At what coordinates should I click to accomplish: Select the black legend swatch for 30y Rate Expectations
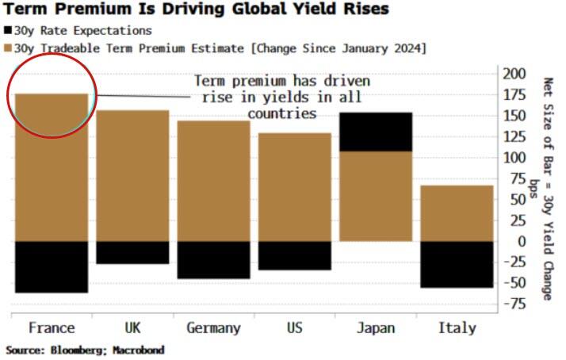(8, 31)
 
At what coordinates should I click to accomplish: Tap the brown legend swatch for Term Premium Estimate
(8, 48)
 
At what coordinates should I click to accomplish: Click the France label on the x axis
(51, 327)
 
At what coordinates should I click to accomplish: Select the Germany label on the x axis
(213, 327)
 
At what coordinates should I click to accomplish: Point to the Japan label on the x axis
(376, 327)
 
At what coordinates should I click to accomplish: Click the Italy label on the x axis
(457, 327)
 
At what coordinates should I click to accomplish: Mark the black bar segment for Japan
(376, 132)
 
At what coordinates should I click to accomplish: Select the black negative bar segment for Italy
(457, 264)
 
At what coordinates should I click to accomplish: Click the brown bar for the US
(294, 187)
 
